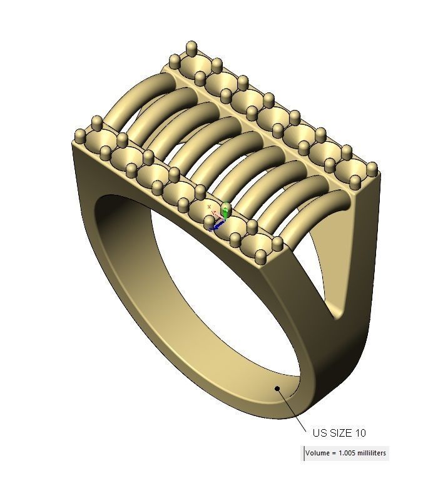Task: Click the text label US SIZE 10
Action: tap(339, 433)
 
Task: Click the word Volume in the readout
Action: tap(318, 454)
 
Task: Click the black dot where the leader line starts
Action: tap(277, 389)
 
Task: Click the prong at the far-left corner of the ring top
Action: tap(79, 136)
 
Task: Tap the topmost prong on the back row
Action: tap(191, 47)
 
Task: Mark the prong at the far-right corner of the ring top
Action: tap(372, 168)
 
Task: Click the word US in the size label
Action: tap(318, 433)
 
